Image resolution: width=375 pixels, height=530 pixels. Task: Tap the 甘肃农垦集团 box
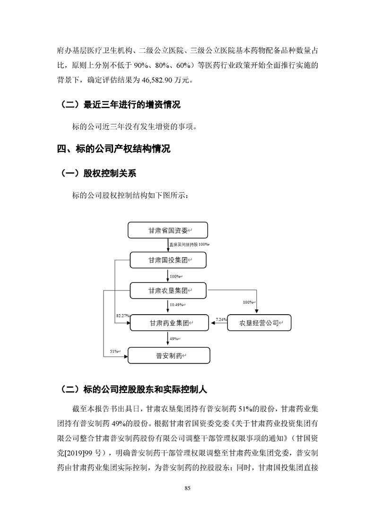click(168, 290)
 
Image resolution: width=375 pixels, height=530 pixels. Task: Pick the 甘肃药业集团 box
click(168, 324)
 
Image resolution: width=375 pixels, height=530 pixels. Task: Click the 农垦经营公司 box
click(259, 324)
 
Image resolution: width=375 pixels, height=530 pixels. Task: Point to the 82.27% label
click(122, 315)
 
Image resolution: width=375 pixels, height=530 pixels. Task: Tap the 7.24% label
click(220, 320)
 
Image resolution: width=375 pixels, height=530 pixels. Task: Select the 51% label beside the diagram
click(114, 351)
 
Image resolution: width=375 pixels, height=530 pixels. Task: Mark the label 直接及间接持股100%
click(189, 244)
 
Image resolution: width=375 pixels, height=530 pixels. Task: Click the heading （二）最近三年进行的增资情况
click(121, 104)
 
